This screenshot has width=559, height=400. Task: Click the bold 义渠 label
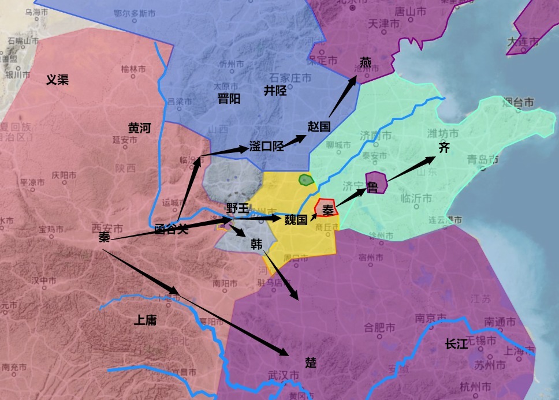(x=57, y=80)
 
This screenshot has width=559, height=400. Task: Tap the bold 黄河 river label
(x=139, y=128)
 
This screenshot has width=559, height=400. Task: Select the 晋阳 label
(x=229, y=98)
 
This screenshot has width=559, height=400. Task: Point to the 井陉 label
(x=275, y=90)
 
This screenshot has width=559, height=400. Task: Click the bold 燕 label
(x=366, y=62)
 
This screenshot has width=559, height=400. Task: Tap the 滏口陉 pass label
(x=266, y=145)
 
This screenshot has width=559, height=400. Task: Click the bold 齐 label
(x=444, y=148)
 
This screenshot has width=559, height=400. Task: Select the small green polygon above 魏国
(x=305, y=180)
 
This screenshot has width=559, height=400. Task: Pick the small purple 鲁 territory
(x=377, y=182)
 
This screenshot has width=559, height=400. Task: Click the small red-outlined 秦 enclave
(x=326, y=208)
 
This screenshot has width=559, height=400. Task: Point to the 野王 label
(x=237, y=208)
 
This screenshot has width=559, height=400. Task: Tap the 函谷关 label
(x=172, y=229)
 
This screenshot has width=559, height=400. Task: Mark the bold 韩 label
(x=256, y=244)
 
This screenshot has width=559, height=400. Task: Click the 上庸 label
(x=145, y=320)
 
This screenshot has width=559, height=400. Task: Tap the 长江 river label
(x=456, y=344)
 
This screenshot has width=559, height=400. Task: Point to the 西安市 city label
(x=107, y=228)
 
